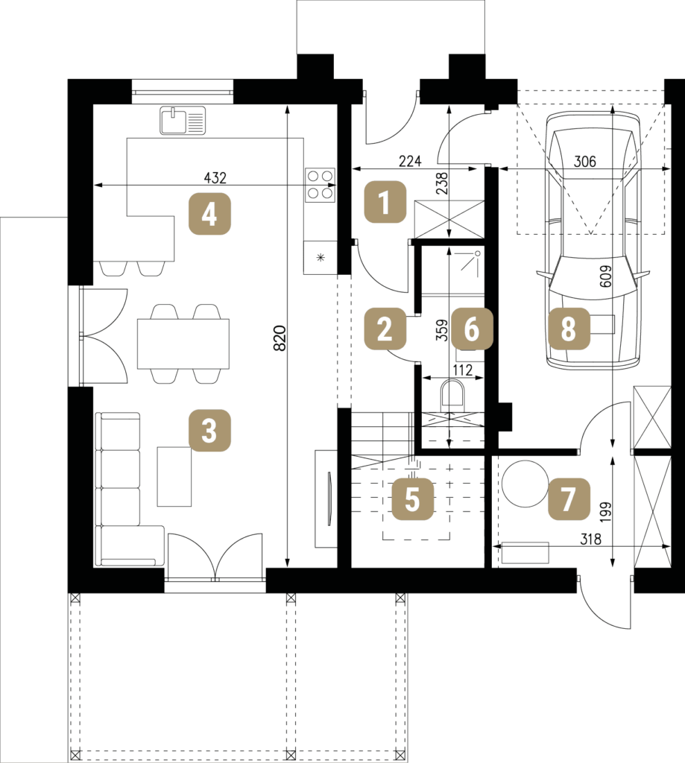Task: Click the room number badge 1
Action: [385, 202]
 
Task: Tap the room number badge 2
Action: [385, 329]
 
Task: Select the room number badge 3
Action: [209, 431]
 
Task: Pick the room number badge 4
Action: [209, 214]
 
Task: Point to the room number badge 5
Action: [412, 499]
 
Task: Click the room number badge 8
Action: [569, 329]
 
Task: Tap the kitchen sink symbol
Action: [183, 121]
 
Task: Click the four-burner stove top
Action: [321, 185]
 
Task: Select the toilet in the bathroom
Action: [453, 395]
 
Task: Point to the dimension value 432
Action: [215, 177]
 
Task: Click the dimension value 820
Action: [280, 338]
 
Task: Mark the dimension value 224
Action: [410, 161]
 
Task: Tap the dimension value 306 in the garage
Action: [584, 161]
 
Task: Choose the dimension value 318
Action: [590, 539]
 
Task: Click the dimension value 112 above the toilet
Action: [462, 370]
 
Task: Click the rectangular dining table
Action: [183, 343]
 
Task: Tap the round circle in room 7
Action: [525, 484]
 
